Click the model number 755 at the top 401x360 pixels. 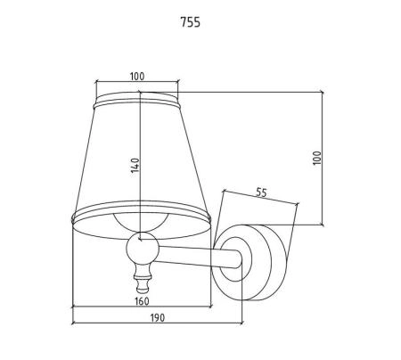click(x=191, y=22)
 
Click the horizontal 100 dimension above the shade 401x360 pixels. click(x=137, y=77)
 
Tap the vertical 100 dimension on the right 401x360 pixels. click(x=317, y=158)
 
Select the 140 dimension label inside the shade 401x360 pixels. click(x=135, y=166)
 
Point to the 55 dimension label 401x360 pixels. click(x=261, y=192)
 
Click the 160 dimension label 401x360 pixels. click(x=142, y=301)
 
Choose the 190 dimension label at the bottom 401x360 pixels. click(x=157, y=318)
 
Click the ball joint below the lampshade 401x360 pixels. click(x=143, y=248)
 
